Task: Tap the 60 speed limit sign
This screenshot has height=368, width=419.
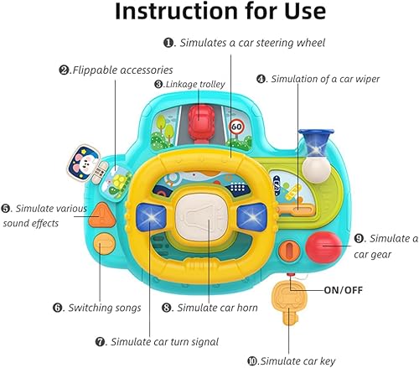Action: point(236,129)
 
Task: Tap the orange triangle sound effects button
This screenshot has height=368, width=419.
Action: point(104,216)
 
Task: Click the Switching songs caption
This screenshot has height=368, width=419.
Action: point(103,308)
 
